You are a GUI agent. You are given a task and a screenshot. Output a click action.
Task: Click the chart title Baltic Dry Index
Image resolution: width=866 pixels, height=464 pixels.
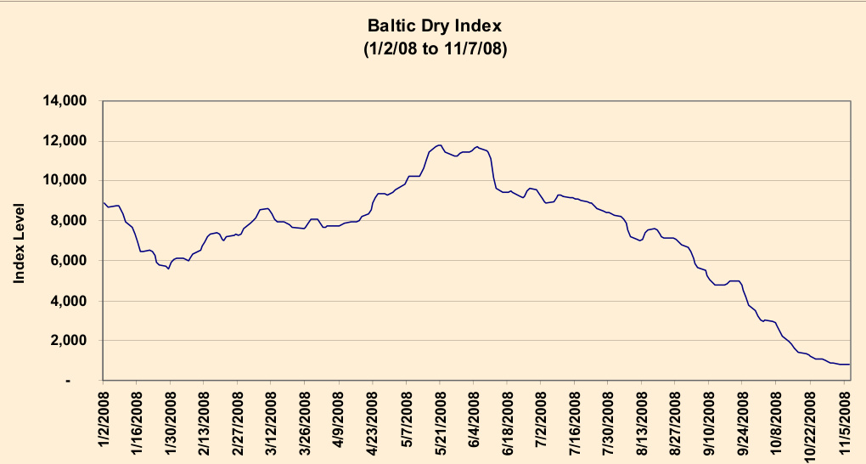pos(434,25)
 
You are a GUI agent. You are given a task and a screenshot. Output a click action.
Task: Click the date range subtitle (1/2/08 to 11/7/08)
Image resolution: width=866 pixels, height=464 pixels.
pos(434,49)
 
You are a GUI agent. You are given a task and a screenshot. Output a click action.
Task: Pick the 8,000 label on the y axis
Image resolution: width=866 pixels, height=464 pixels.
pos(69,221)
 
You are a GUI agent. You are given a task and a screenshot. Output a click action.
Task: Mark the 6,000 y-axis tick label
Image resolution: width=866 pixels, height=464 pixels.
pos(69,261)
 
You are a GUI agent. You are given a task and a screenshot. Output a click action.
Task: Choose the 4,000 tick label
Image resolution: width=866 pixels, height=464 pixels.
pos(69,301)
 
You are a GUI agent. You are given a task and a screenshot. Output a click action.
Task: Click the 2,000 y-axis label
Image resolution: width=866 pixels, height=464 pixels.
pos(69,341)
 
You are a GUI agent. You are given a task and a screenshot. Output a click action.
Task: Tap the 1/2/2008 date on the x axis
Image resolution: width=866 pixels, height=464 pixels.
pos(104,422)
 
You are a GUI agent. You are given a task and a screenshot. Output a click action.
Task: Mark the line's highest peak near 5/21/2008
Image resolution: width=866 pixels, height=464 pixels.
pos(440,145)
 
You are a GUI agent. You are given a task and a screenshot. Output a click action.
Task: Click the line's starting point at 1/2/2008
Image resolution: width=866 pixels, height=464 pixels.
pos(104,202)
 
